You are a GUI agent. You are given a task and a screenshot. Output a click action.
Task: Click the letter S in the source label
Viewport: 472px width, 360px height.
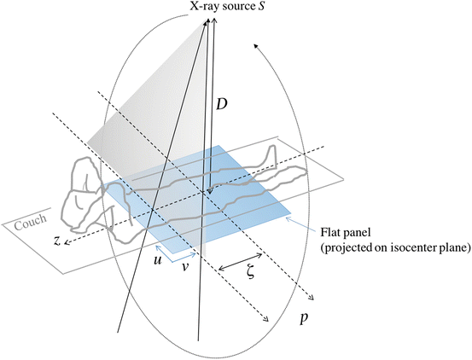click(260, 6)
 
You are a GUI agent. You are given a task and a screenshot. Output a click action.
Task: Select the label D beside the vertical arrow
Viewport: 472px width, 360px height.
click(222, 104)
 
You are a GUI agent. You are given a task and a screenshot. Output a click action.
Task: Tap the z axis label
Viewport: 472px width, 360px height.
click(56, 241)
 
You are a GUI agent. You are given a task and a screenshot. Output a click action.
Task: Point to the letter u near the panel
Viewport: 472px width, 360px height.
click(157, 259)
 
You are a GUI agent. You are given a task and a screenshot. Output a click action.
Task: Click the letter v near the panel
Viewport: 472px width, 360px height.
click(185, 266)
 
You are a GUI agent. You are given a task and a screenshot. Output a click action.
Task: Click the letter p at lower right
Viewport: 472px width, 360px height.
click(305, 318)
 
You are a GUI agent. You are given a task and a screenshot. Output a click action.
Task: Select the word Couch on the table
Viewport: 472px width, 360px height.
click(31, 222)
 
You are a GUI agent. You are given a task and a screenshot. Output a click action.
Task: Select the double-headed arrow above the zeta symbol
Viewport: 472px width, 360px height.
click(240, 262)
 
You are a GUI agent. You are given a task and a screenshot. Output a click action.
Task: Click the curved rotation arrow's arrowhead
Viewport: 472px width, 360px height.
click(256, 46)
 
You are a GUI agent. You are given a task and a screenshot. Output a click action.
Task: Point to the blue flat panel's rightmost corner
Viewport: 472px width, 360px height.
click(291, 213)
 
